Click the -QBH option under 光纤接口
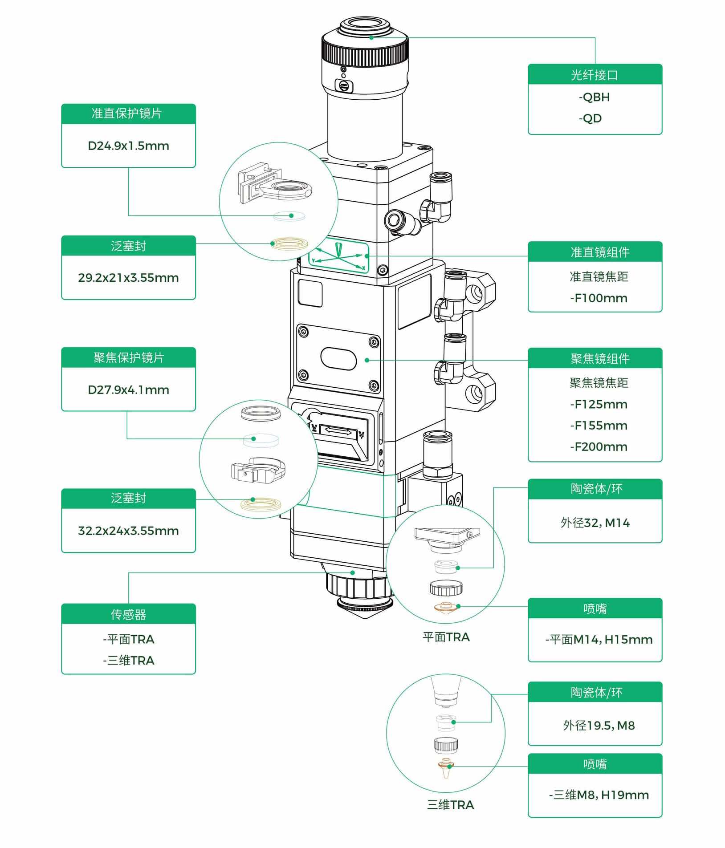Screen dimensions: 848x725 [x=594, y=97]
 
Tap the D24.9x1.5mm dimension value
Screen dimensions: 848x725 [x=128, y=146]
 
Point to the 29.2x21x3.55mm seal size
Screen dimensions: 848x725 [x=128, y=278]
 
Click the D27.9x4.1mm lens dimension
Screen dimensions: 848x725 [x=128, y=390]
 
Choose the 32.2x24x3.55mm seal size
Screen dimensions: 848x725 [x=128, y=531]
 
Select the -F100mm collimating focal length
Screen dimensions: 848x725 [x=599, y=298]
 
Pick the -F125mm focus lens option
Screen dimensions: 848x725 [x=599, y=404]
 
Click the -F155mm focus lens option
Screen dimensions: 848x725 [x=599, y=426]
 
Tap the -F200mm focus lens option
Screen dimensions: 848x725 [x=599, y=446]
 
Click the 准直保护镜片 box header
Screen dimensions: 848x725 [x=128, y=114]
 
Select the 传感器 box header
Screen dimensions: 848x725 [x=128, y=614]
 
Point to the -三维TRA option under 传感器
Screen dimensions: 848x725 [x=128, y=660]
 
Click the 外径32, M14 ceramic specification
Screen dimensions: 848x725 [x=595, y=523]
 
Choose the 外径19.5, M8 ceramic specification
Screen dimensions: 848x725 [x=599, y=726]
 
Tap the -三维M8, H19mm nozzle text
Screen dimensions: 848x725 [x=599, y=795]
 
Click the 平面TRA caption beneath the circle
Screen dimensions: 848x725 [x=446, y=637]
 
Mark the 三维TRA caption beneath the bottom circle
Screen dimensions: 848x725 [x=450, y=805]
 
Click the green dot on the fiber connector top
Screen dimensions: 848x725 [x=371, y=38]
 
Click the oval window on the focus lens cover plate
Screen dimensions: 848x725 [x=338, y=358]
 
